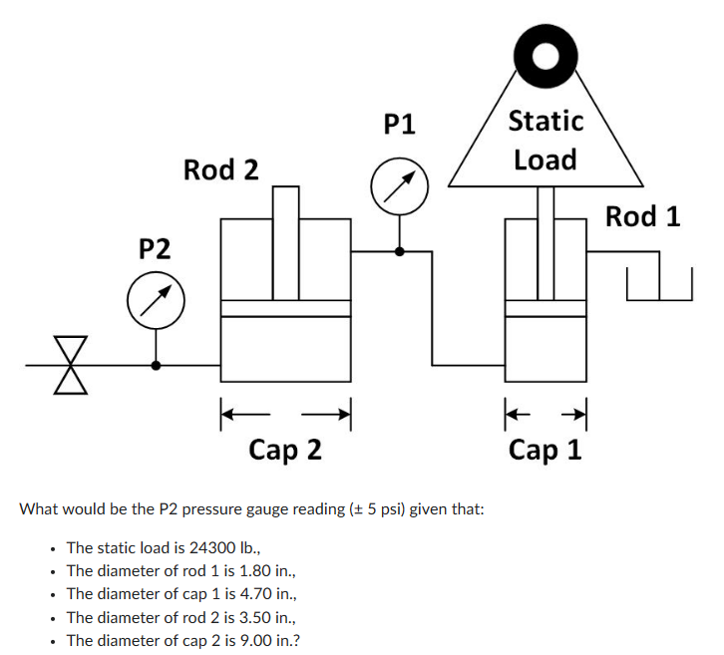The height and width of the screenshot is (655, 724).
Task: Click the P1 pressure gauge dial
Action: click(399, 185)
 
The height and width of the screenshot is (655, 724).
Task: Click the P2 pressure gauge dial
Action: click(156, 301)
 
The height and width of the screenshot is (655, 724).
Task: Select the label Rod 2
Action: click(220, 169)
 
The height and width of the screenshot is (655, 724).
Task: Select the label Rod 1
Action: click(642, 216)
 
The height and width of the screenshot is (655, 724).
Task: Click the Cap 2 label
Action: click(285, 450)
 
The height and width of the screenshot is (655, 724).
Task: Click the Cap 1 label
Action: click(544, 450)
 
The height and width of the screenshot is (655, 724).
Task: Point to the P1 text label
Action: click(399, 124)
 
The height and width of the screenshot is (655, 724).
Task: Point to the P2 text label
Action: click(155, 247)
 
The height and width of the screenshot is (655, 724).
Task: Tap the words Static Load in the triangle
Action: click(545, 140)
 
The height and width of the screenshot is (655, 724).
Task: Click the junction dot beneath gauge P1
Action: click(399, 251)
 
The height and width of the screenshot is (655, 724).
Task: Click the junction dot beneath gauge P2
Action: click(156, 365)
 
